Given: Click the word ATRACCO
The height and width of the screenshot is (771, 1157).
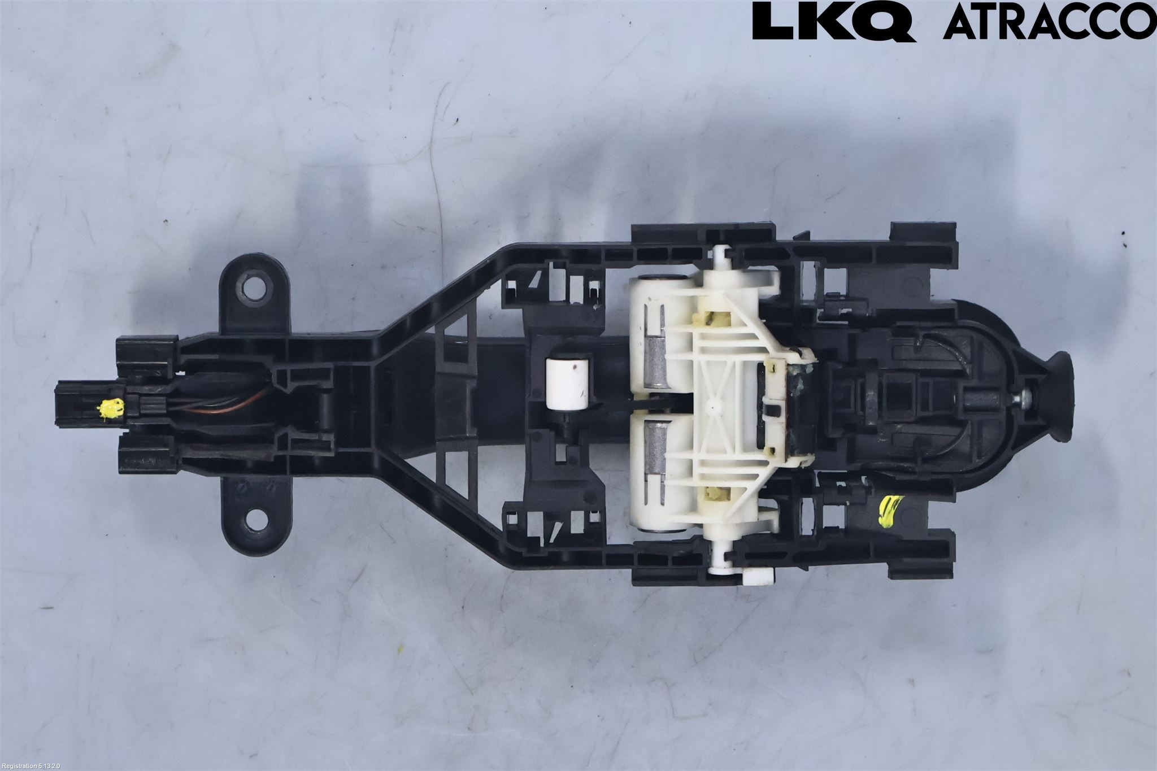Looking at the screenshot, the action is tap(1050, 21).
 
